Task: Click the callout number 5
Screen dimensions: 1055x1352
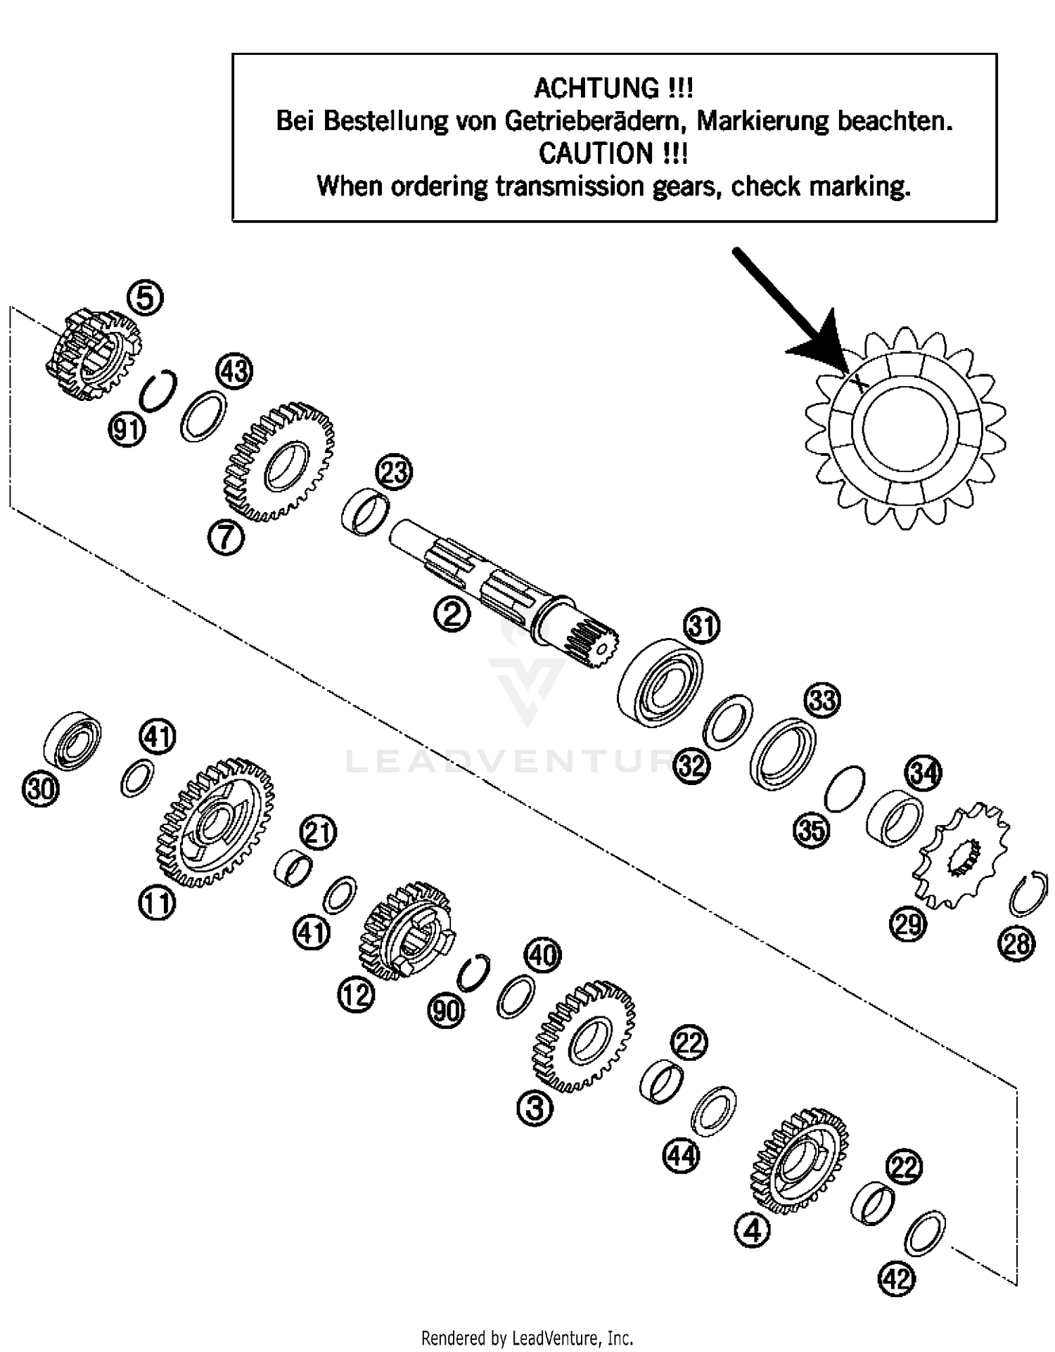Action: (x=145, y=298)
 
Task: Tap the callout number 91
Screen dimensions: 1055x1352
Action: (x=127, y=429)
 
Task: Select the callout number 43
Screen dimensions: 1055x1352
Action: (x=234, y=370)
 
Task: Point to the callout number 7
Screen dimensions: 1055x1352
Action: (x=226, y=538)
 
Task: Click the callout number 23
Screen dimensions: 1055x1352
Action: (x=394, y=472)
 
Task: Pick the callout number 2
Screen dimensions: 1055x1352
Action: (x=452, y=615)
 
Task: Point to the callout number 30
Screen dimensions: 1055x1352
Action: (x=40, y=789)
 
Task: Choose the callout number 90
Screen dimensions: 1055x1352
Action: (x=446, y=1011)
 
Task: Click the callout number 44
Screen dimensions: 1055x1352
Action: (x=682, y=1156)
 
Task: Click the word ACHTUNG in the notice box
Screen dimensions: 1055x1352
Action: (x=595, y=89)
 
